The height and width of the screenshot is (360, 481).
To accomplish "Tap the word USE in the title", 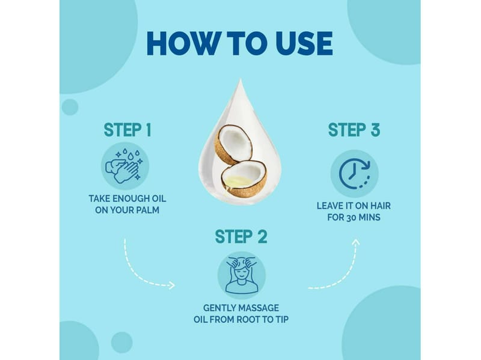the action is tap(304, 43).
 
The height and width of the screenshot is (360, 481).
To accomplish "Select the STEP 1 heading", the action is tap(127, 130).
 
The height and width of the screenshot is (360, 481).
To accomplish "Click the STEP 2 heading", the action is tap(241, 237).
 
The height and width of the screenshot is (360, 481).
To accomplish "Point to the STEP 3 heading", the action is tap(354, 130).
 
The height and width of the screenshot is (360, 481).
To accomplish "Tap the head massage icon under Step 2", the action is tap(242, 275).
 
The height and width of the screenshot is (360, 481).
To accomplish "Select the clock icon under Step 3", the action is tap(354, 174).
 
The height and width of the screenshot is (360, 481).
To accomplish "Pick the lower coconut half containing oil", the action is tap(244, 179).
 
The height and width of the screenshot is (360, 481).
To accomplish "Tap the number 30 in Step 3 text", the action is tap(351, 218).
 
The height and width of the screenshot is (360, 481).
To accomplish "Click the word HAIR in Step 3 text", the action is tap(381, 206).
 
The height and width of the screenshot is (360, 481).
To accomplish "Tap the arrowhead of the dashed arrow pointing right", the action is tap(172, 285).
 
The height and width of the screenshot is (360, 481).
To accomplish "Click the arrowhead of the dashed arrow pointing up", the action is tap(356, 243).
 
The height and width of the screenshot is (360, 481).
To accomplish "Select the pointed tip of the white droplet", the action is tap(240, 79).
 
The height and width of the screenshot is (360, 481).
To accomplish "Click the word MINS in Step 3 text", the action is tap(370, 218).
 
